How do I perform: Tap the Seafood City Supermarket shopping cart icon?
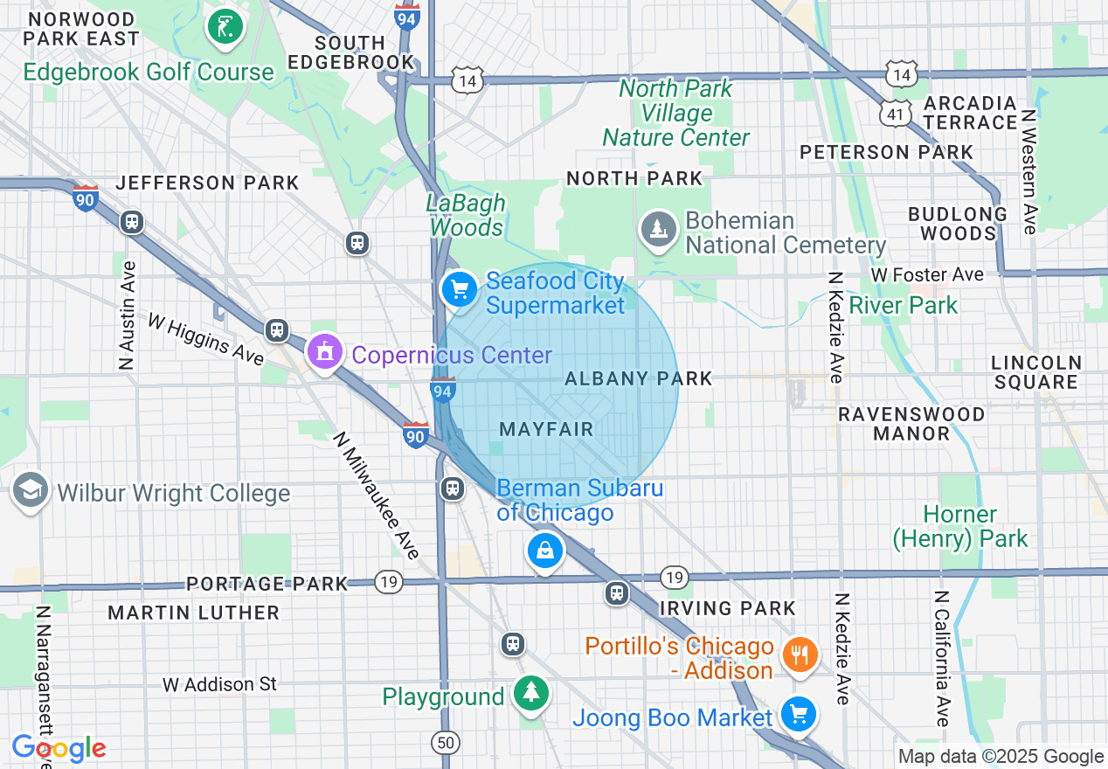point(459,289)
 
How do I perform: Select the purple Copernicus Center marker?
point(325,353)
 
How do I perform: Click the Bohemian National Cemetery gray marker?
point(657,229)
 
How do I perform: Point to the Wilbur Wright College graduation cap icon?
point(31,491)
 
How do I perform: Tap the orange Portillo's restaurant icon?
point(799,654)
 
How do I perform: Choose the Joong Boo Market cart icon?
point(797,715)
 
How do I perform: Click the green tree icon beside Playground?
point(530,693)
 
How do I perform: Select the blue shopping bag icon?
point(544,551)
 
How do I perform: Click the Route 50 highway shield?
point(446,743)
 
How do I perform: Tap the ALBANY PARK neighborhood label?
point(639,378)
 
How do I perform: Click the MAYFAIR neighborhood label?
point(546,429)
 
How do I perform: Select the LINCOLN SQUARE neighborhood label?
point(1035,371)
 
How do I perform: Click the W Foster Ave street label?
point(927,274)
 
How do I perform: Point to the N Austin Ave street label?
point(128,315)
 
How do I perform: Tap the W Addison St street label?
point(219,684)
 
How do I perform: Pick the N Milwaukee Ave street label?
point(377,495)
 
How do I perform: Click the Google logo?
point(59,748)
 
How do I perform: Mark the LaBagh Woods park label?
point(466,215)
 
